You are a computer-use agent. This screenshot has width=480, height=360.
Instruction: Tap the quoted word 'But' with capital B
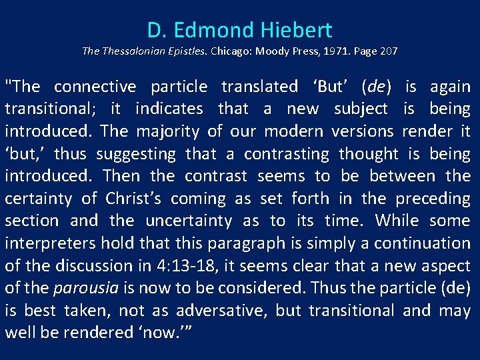331,87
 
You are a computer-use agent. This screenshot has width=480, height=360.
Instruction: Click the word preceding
433,199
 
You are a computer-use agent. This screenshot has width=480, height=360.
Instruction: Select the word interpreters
43,243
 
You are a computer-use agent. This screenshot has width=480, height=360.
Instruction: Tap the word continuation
427,243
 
